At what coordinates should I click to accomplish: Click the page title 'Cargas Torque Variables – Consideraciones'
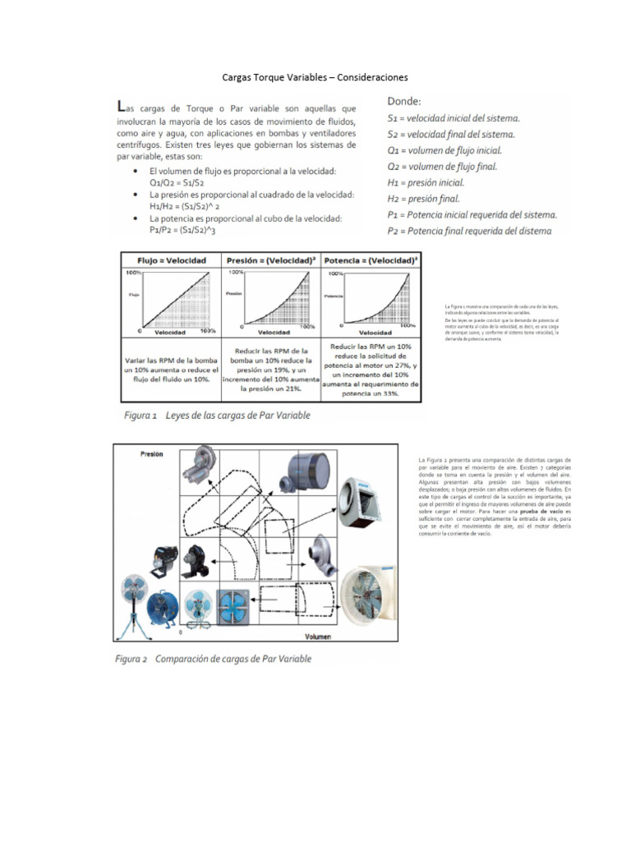pos(315,77)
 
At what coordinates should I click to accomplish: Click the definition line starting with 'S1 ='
pos(453,118)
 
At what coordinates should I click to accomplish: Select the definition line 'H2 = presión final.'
pos(435,198)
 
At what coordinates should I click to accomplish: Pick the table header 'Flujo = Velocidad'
pos(172,260)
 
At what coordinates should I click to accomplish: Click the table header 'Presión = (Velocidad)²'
pos(272,260)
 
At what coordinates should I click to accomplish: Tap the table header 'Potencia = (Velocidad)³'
pos(372,260)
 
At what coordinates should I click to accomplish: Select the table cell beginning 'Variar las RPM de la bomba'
pos(171,369)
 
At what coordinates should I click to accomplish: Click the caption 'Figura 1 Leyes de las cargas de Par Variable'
pos(217,416)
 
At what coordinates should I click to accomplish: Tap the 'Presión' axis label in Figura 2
pos(151,453)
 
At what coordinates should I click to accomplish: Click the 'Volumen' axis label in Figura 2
pos(319,636)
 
